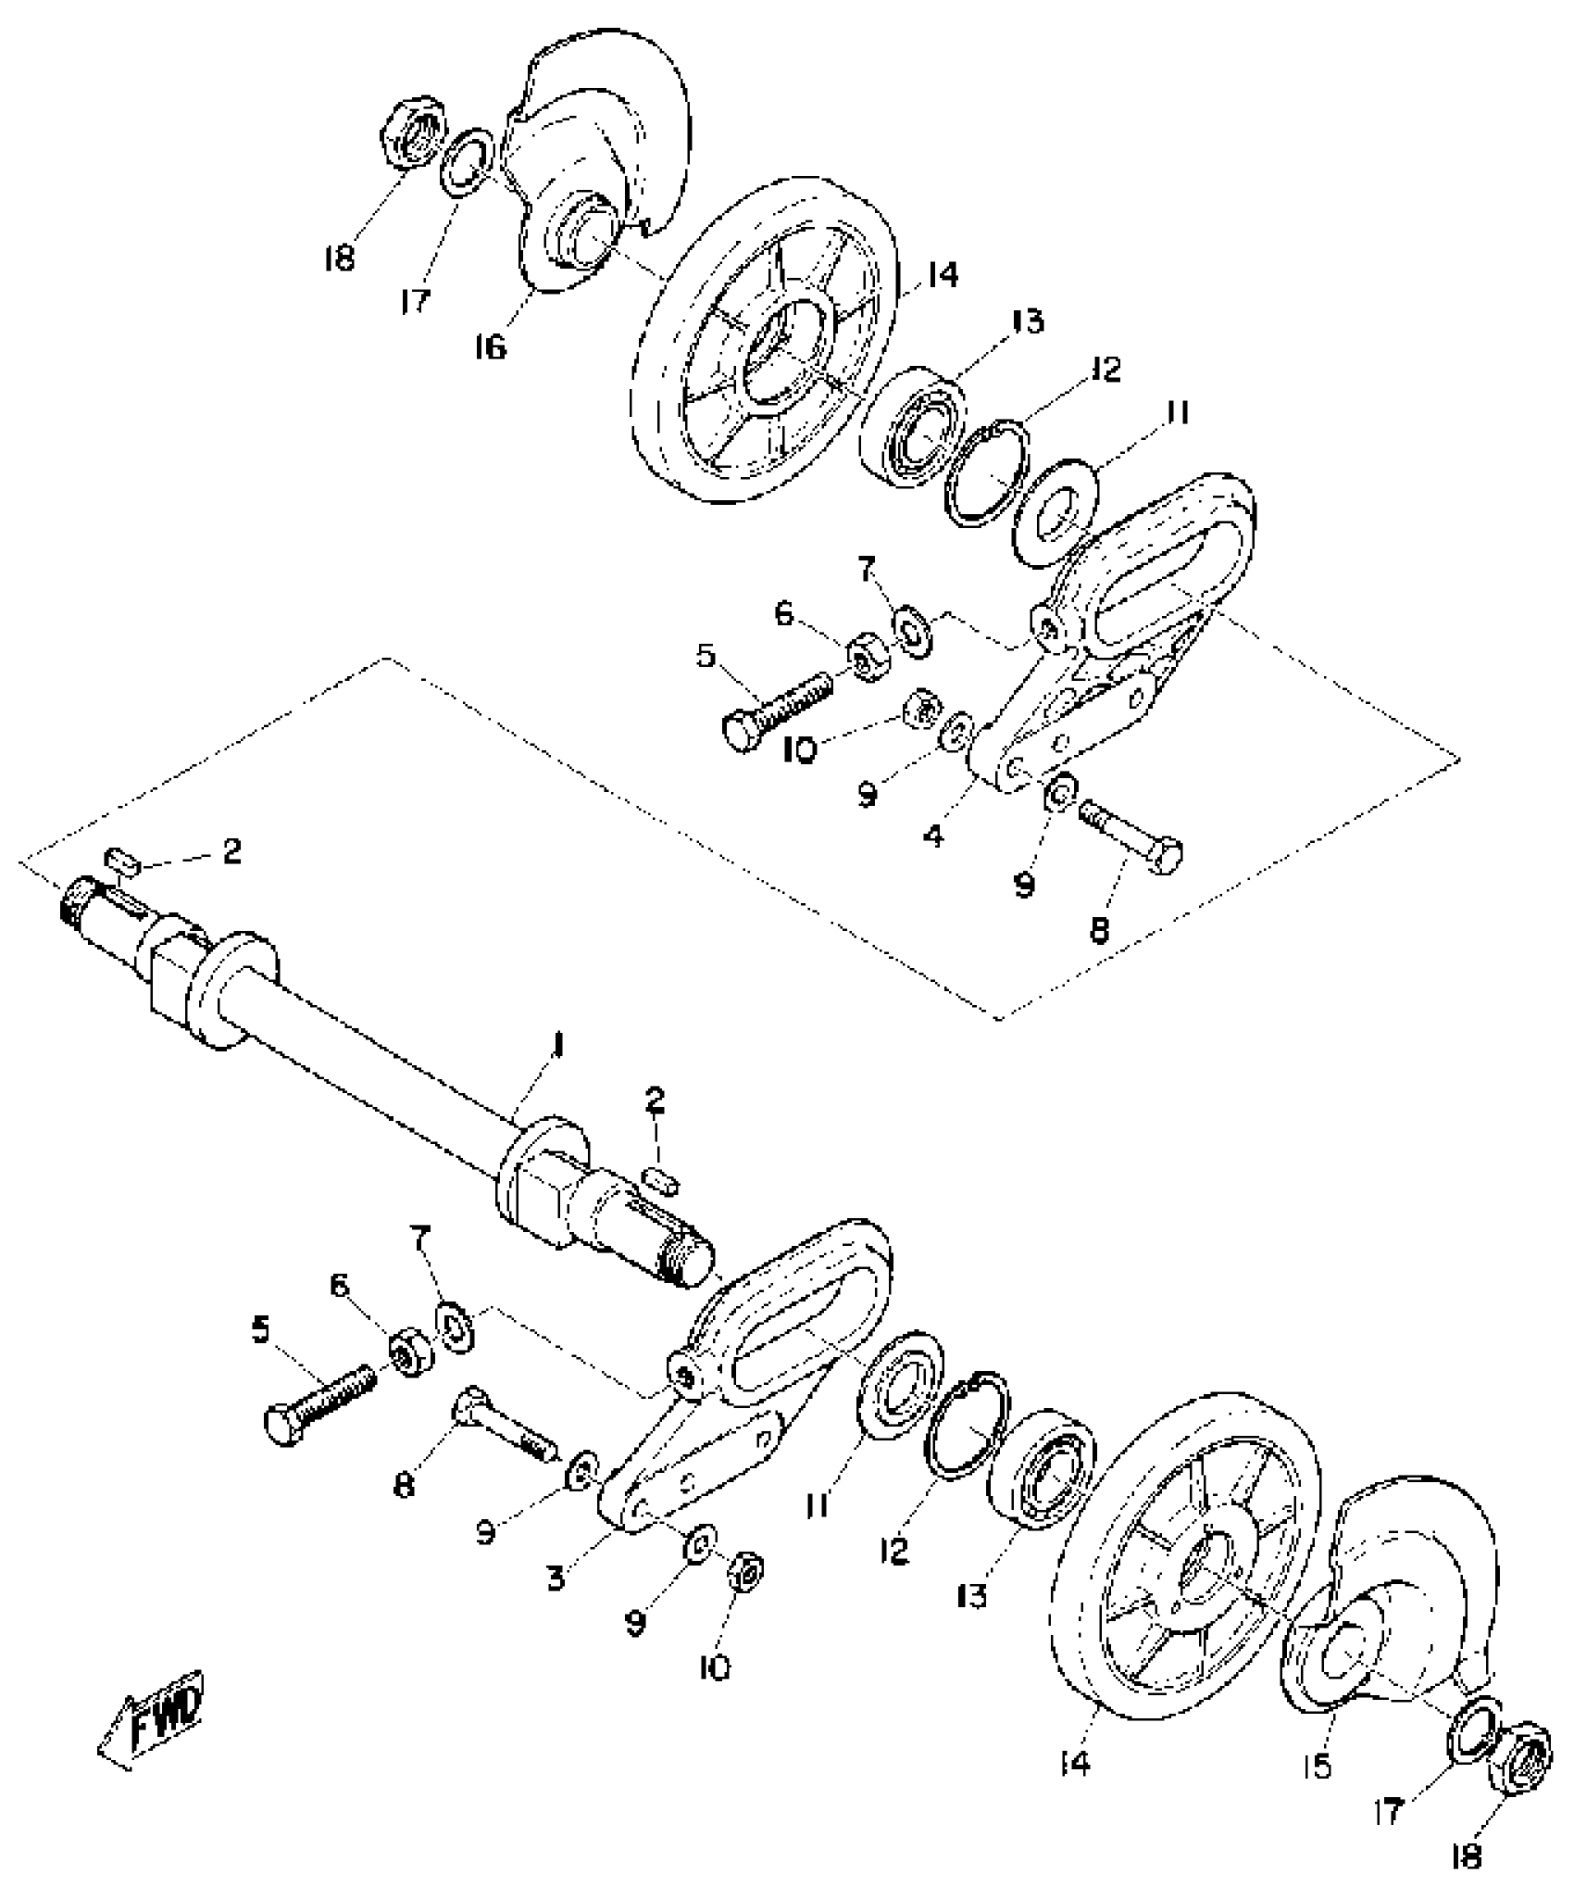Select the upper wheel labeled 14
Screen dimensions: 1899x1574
click(x=764, y=343)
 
